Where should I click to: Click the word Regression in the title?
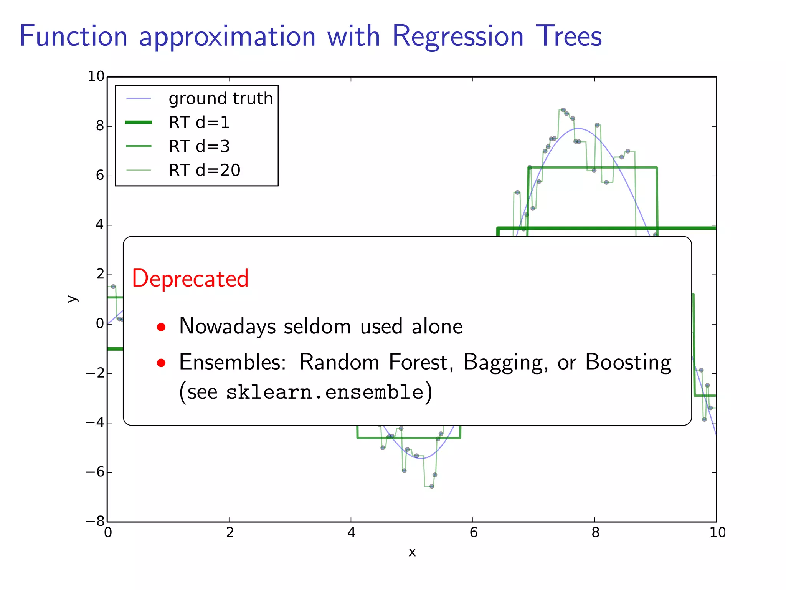[x=457, y=36]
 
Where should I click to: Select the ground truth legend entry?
[x=221, y=99]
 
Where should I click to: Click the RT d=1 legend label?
[x=199, y=123]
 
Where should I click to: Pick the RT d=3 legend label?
[x=199, y=146]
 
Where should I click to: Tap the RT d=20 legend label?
[x=205, y=170]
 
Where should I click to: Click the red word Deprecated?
[x=190, y=278]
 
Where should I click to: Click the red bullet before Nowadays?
[x=161, y=327]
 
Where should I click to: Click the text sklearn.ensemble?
[x=325, y=393]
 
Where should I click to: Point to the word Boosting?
[x=628, y=362]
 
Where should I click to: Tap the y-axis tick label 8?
[x=100, y=126]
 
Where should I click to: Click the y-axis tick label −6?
[x=95, y=472]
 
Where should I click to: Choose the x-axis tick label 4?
[x=351, y=533]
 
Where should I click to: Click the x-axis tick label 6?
[x=473, y=533]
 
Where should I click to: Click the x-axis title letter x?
[x=412, y=552]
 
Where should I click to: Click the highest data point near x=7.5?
[x=563, y=110]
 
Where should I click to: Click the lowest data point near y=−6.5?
[x=432, y=486]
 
